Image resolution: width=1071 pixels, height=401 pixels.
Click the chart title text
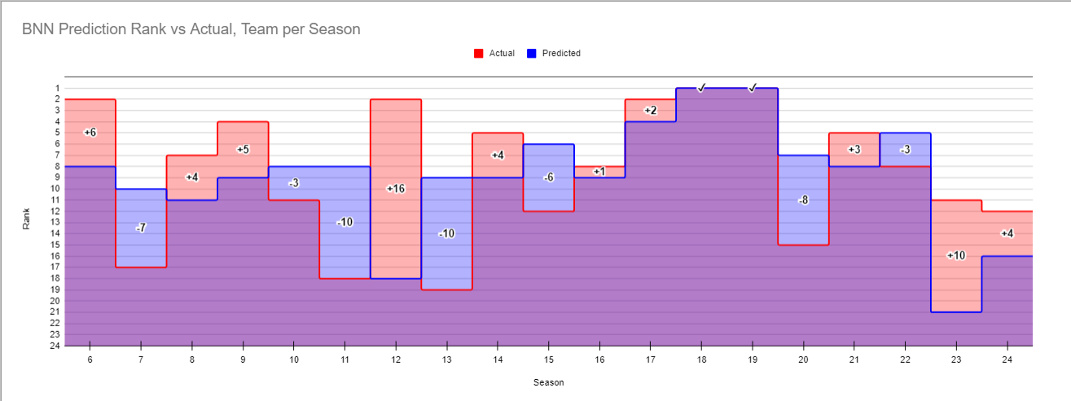tap(191, 28)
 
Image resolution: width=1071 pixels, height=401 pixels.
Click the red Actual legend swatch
tap(479, 54)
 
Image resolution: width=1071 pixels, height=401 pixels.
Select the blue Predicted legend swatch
tap(532, 54)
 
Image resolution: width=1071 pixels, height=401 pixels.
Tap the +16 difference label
tap(396, 189)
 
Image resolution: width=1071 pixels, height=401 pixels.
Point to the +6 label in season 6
tap(90, 133)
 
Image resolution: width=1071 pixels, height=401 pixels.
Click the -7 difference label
tap(141, 228)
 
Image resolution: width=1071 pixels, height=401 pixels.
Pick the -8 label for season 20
tap(803, 200)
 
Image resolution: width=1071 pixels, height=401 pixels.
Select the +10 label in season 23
tap(955, 255)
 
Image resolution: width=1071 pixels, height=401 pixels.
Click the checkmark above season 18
tap(701, 88)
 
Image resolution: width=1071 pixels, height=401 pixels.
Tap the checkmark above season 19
tap(753, 88)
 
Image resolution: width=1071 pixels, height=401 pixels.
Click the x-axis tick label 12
tap(396, 359)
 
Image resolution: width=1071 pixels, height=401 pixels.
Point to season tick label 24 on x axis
tap(1007, 359)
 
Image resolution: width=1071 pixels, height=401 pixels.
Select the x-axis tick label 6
tap(90, 359)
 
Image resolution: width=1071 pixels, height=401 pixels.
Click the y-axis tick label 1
tap(57, 89)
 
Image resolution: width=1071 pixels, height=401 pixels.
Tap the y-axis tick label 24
tap(55, 346)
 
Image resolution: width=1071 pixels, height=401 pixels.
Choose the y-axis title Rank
tap(26, 217)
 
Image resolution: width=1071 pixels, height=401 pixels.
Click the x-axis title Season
tap(548, 382)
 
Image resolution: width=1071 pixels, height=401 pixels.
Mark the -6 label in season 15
tap(548, 177)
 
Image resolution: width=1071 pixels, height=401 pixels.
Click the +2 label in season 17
tap(650, 111)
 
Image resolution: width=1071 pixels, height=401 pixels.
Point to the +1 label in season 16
tap(599, 172)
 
